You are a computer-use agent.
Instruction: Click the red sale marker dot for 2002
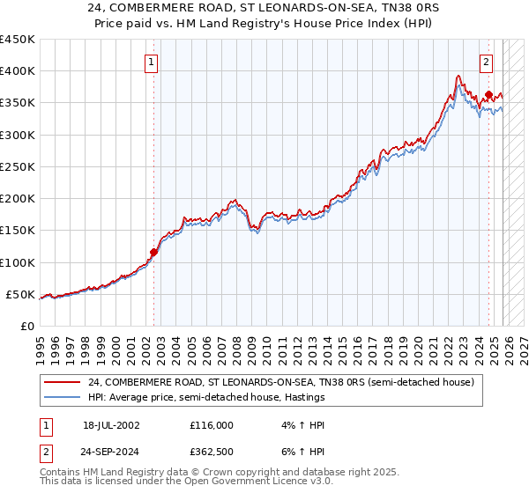[x=153, y=252]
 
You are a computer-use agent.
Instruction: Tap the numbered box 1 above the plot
[x=153, y=63]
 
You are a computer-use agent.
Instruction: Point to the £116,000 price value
[x=212, y=425]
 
